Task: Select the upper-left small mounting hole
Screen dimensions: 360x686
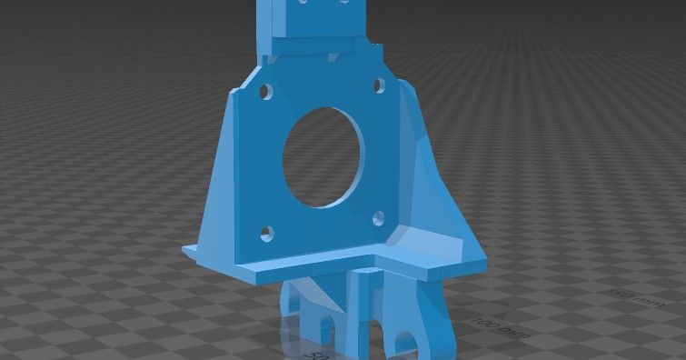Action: pos(265,92)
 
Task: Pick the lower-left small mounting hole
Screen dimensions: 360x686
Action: pos(265,233)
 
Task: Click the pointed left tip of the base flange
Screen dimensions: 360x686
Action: pos(185,247)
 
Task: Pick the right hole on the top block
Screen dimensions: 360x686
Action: pos(345,3)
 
